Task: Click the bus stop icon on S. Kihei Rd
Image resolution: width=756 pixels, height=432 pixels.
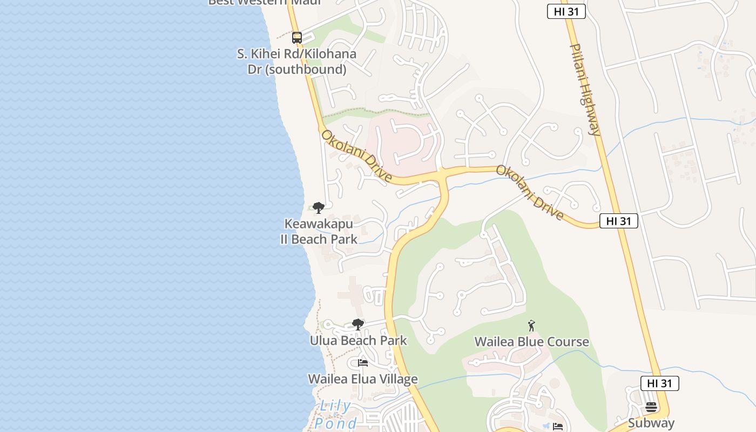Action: point(296,38)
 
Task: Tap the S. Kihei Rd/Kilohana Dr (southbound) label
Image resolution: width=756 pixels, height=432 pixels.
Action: point(296,62)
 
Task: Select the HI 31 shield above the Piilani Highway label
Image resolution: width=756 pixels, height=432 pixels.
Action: point(566,11)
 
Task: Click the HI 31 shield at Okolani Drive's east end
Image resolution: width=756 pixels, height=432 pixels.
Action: point(618,221)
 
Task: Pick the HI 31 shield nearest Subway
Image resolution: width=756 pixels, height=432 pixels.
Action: point(659,383)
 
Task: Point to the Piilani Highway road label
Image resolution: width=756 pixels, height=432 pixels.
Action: point(585,90)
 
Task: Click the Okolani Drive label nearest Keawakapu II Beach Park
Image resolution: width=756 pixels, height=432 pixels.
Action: point(356,156)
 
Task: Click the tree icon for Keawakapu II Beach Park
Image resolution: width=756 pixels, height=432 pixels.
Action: point(319,207)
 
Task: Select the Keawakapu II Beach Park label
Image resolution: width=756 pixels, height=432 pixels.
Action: point(319,231)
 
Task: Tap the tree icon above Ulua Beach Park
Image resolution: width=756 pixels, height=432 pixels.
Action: point(357,325)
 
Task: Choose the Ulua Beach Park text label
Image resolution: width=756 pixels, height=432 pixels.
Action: point(358,341)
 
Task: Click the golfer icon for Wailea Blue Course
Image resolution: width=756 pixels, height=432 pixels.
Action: point(531,326)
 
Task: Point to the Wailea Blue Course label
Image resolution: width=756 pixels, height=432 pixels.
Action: point(531,342)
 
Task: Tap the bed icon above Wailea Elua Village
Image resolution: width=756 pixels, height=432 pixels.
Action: point(363,363)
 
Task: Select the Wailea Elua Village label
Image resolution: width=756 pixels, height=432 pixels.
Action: point(363,379)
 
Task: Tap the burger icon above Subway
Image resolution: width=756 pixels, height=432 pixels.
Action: point(651,407)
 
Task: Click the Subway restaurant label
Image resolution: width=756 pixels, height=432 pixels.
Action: point(651,423)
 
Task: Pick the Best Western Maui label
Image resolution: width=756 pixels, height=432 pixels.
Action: point(265,2)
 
